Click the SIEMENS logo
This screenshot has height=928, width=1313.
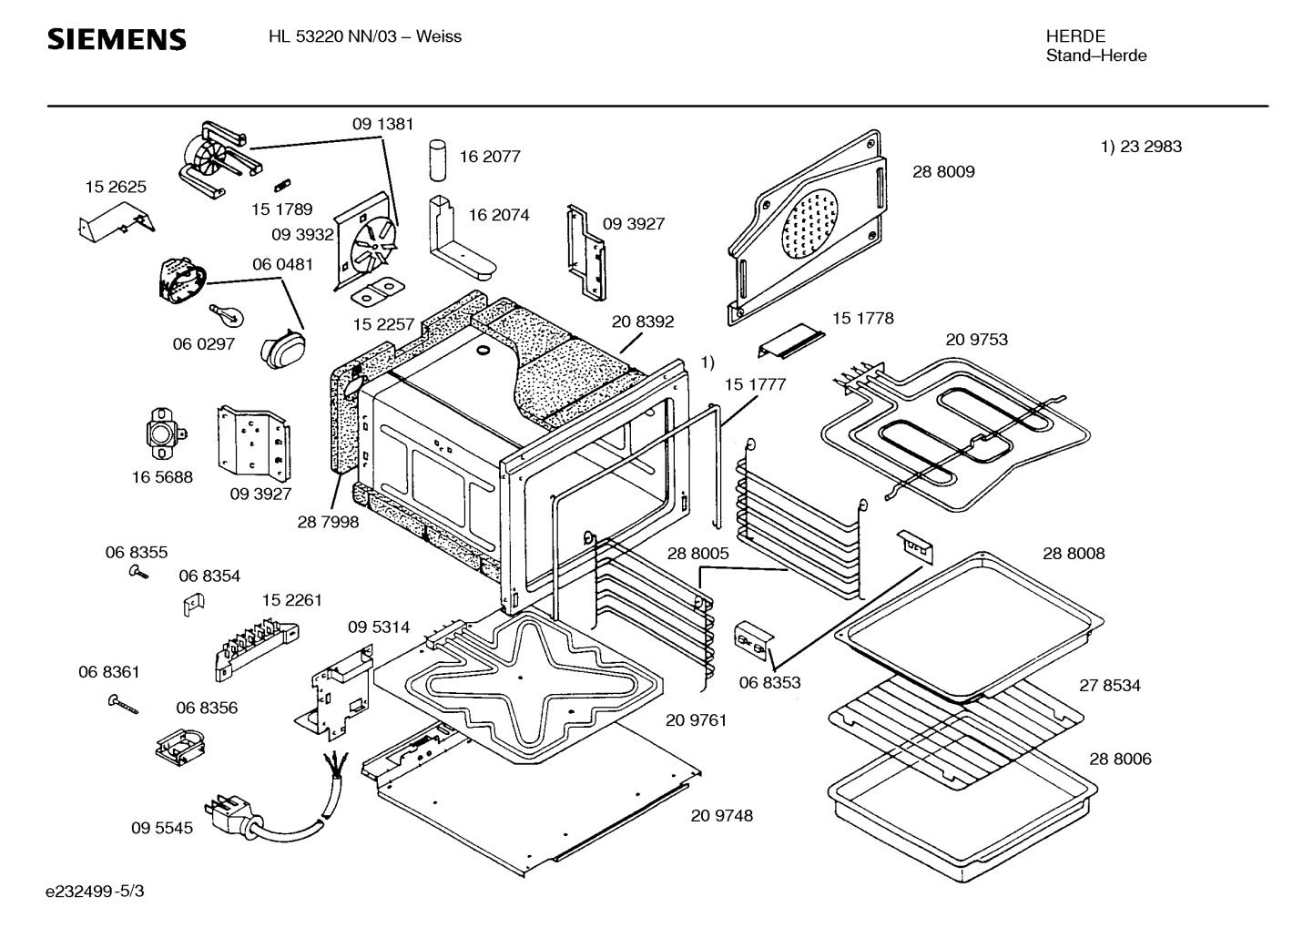(x=117, y=39)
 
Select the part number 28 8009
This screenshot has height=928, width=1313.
(x=943, y=171)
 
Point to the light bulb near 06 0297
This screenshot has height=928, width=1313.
(x=228, y=316)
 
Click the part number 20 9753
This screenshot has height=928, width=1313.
(x=976, y=340)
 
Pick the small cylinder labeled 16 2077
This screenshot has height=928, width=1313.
(x=439, y=161)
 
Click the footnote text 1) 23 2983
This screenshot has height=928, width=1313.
(x=1141, y=147)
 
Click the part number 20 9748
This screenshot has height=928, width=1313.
(x=721, y=816)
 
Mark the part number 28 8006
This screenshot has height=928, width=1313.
(x=1120, y=759)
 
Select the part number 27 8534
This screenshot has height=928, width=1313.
(x=1109, y=686)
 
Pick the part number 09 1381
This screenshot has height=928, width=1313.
(x=382, y=124)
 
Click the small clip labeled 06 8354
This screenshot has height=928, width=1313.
(x=194, y=603)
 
